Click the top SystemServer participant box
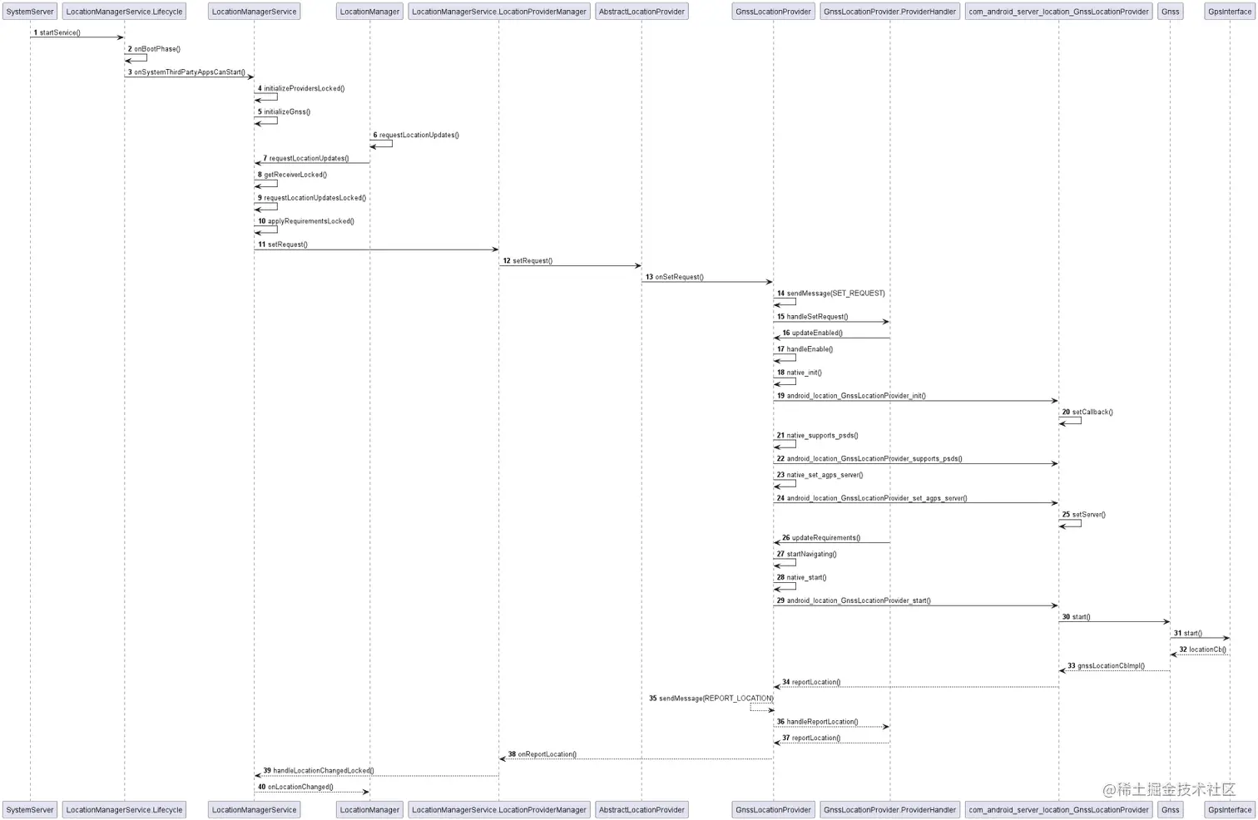click(x=30, y=12)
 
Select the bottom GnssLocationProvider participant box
click(x=773, y=809)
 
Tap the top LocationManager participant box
click(x=369, y=12)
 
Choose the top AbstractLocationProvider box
click(x=641, y=12)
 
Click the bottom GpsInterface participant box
click(x=1229, y=809)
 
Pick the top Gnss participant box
click(x=1170, y=12)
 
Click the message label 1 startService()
click(x=57, y=32)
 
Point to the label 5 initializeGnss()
click(x=284, y=111)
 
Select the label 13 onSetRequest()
click(x=675, y=277)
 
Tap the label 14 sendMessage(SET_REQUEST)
click(x=831, y=294)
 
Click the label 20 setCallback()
click(x=1087, y=412)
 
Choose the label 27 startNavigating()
click(x=807, y=554)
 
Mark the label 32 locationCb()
click(x=1202, y=650)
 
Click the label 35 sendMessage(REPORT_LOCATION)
click(x=711, y=699)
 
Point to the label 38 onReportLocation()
click(x=542, y=754)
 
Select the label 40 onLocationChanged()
click(x=295, y=787)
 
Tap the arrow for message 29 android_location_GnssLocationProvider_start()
click(x=915, y=605)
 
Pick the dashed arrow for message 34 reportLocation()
click(x=915, y=687)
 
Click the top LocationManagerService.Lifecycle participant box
click(x=124, y=12)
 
